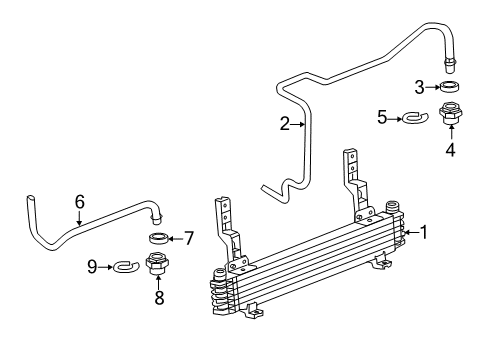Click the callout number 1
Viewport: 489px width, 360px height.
coord(425,233)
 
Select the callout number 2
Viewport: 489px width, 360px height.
coord(284,124)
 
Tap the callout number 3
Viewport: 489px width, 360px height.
coord(421,86)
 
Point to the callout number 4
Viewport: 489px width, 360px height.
coord(450,151)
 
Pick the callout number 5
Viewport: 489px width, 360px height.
coord(381,118)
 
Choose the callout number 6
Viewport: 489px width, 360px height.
coord(79,202)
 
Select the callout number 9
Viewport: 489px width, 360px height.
coord(92,266)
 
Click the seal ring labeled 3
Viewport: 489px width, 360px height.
coord(450,87)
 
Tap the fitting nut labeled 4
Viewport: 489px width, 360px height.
coord(449,115)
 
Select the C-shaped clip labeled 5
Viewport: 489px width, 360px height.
coord(412,119)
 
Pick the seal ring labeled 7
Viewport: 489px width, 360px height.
coord(158,238)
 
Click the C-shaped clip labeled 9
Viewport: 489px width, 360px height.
coord(123,267)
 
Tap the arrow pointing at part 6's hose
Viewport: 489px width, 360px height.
coord(79,218)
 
